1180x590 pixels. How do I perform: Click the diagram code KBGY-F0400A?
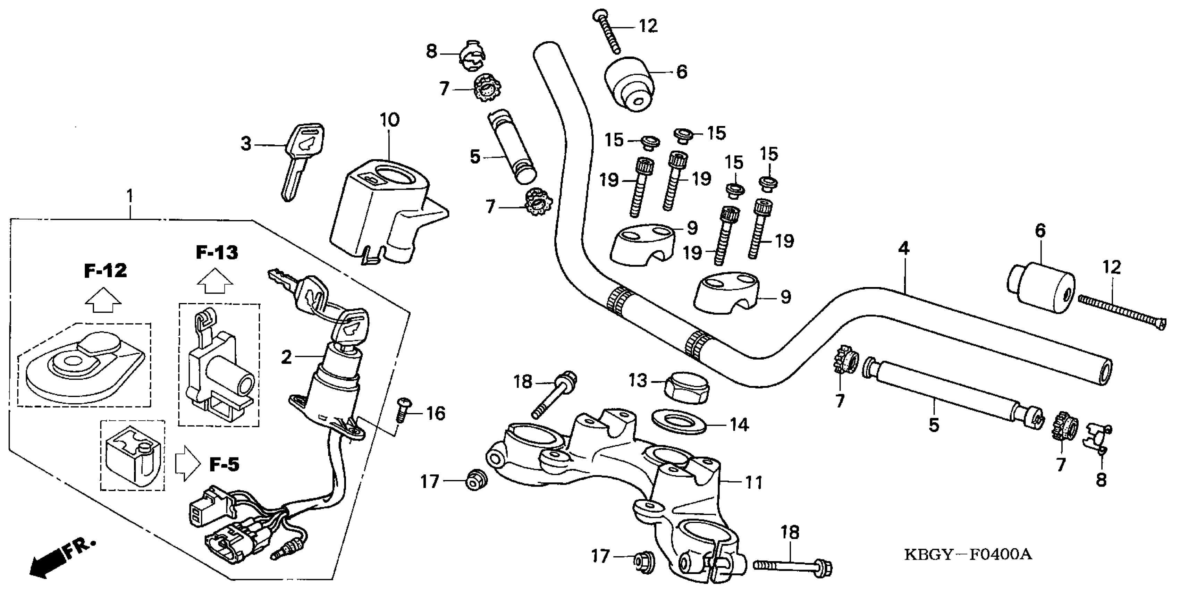point(968,555)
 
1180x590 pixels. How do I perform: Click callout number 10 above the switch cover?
point(389,120)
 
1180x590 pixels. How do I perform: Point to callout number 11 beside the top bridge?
point(753,482)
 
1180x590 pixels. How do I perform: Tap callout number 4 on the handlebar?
point(903,249)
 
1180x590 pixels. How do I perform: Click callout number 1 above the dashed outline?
point(130,196)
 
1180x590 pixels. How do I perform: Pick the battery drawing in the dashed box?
point(132,455)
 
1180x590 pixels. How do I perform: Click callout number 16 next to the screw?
point(435,414)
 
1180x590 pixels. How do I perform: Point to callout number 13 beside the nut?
point(638,381)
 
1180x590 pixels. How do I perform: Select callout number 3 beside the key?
point(246,144)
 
